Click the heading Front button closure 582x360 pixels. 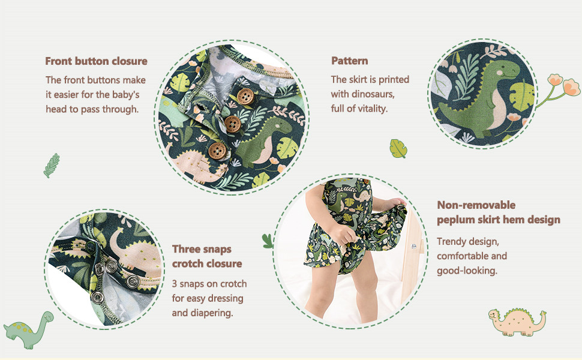(x=96, y=61)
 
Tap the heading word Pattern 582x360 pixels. (x=350, y=61)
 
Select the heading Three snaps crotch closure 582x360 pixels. (x=207, y=256)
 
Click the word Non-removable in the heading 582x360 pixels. (x=476, y=205)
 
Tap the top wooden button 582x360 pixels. (x=245, y=97)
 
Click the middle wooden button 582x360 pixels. (x=233, y=124)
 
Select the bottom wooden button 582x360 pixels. (x=217, y=151)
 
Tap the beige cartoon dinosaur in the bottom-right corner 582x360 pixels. (x=517, y=322)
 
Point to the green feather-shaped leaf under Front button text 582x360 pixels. (x=51, y=166)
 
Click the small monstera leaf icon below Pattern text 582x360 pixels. (x=398, y=148)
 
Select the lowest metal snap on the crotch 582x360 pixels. (x=97, y=297)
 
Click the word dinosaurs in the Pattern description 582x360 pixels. (x=373, y=94)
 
